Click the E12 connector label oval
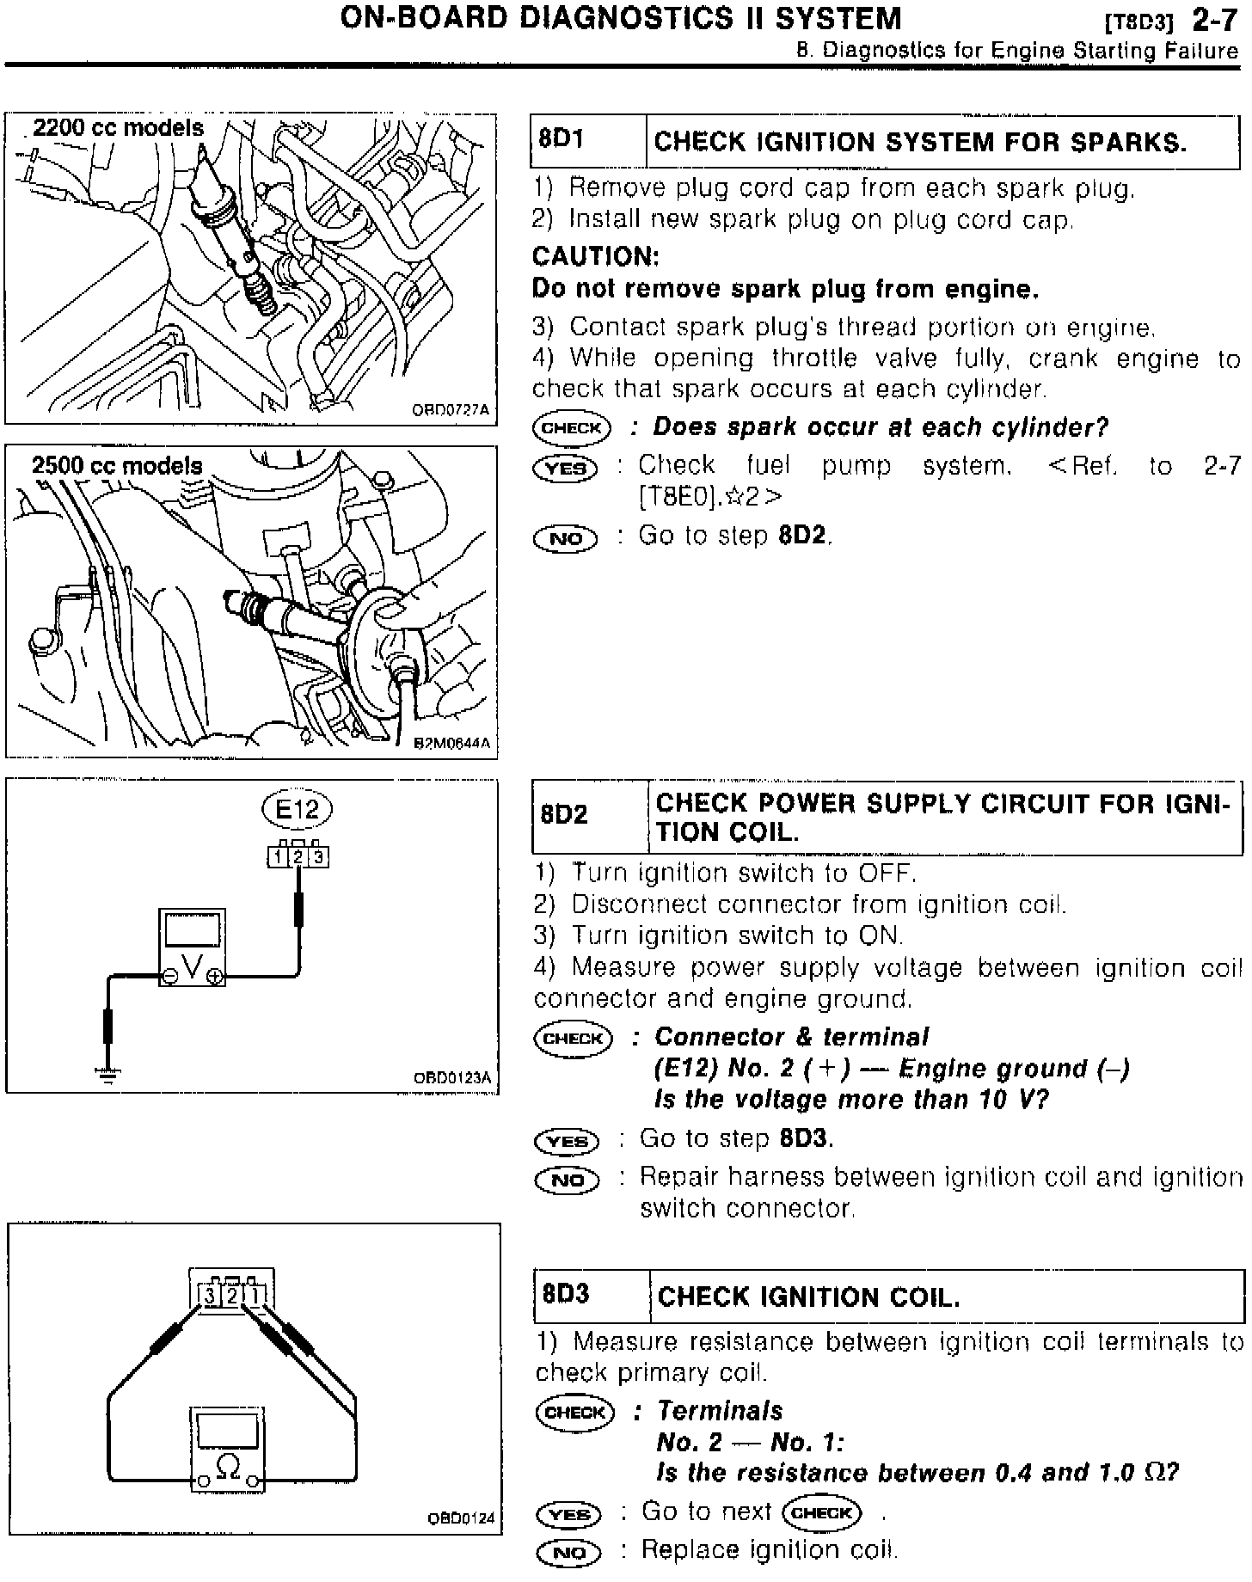coord(297,809)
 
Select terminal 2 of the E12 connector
coord(298,857)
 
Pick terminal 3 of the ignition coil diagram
coord(209,1295)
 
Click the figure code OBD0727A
coord(451,410)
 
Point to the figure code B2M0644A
coord(452,744)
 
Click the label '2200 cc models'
coord(118,129)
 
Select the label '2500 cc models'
coord(117,466)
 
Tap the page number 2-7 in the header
coord(1214,19)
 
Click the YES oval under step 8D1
coord(565,468)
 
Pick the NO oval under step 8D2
coord(568,1180)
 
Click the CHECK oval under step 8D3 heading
coord(574,1413)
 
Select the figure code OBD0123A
coord(451,1078)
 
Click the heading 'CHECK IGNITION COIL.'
coord(807,1297)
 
